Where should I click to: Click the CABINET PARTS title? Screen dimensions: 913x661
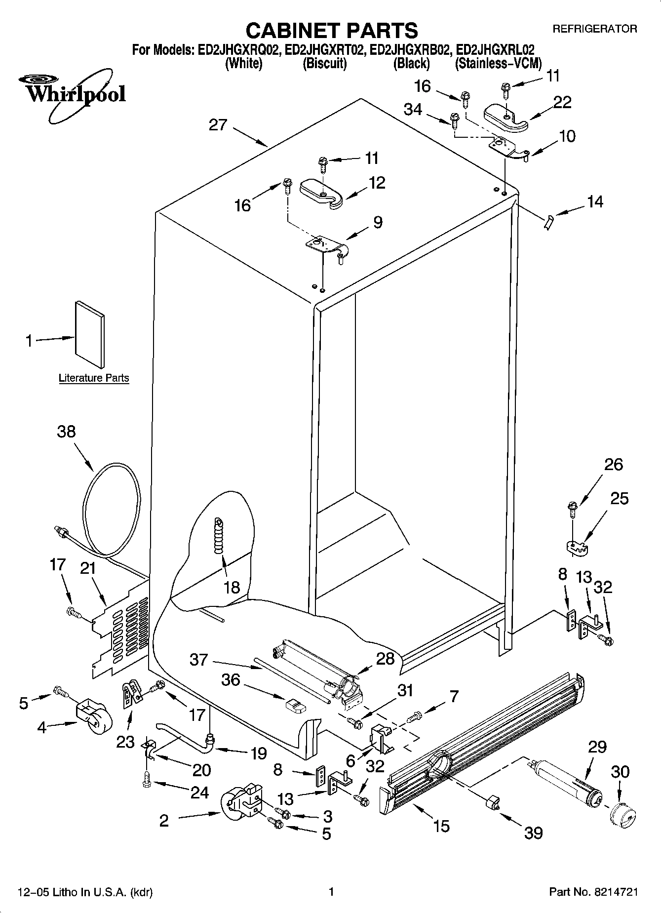tap(331, 31)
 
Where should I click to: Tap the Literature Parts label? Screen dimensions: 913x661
tap(94, 378)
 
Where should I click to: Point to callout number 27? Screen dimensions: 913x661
tap(217, 124)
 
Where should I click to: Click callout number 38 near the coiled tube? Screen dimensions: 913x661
tap(66, 431)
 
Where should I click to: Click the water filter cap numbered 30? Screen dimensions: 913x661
tap(621, 817)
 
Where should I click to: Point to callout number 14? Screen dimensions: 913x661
tap(595, 201)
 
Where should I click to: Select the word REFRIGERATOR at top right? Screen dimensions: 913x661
tap(594, 29)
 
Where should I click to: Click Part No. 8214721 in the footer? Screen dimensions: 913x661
tap(594, 892)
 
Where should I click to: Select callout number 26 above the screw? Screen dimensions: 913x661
tap(613, 464)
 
